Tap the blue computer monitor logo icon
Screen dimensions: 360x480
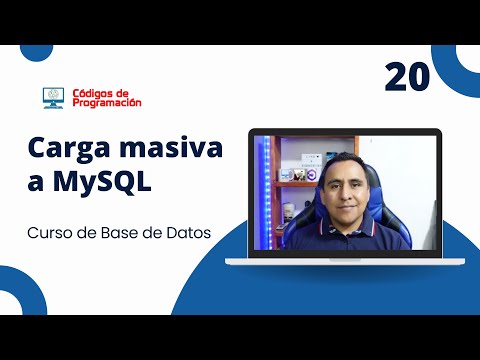(x=54, y=97)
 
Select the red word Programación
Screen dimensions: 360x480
(x=107, y=102)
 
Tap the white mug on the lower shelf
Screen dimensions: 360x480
(x=289, y=211)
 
